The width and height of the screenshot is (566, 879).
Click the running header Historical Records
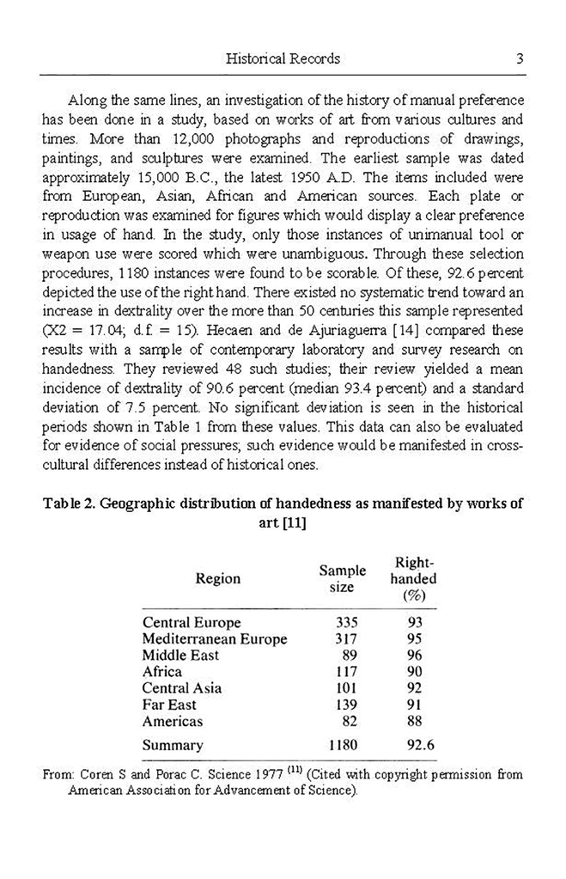[283, 58]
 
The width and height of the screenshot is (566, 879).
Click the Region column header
[218, 578]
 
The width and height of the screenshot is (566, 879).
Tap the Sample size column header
[342, 578]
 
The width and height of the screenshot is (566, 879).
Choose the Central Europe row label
[192, 622]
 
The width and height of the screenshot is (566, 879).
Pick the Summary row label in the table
[173, 745]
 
